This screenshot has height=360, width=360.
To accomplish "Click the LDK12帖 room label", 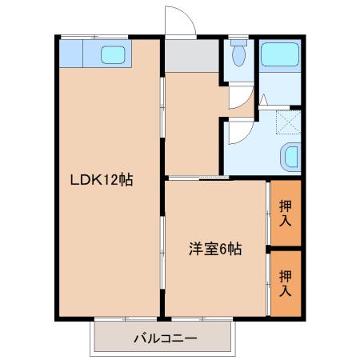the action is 102,180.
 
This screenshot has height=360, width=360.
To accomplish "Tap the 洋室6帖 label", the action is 215,249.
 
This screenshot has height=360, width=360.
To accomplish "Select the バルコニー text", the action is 166,338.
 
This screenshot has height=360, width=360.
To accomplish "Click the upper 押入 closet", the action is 286,213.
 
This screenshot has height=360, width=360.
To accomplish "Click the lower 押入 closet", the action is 286,284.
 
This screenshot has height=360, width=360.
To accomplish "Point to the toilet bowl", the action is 238,54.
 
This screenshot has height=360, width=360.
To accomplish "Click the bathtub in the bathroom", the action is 280,55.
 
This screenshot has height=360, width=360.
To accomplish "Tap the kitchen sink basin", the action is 113,55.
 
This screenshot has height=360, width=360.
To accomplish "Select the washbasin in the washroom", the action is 290,156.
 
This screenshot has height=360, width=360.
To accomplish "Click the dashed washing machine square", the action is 288,122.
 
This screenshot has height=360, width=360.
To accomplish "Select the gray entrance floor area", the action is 192,55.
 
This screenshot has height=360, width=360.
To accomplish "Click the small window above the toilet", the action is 238,37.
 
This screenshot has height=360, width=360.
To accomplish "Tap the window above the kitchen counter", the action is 94,37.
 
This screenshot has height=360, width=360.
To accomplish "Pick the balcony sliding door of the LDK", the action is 126,318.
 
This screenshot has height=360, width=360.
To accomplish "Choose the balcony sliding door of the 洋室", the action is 202,318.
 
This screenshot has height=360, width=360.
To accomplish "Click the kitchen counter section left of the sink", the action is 71,54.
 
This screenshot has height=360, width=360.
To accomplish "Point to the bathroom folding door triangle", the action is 263,100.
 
